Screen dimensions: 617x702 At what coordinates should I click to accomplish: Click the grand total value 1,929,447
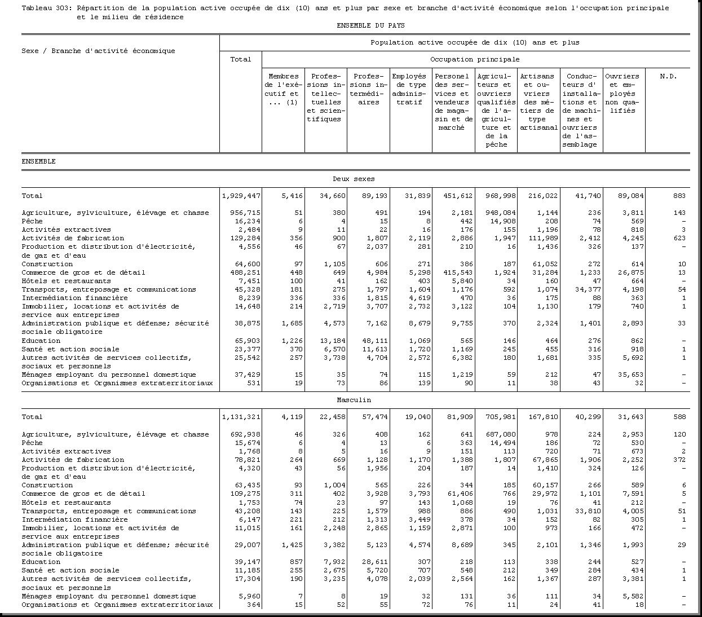[x=241, y=196]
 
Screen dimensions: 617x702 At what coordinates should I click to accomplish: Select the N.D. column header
[x=668, y=76]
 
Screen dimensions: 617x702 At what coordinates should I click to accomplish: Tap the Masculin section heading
[x=354, y=400]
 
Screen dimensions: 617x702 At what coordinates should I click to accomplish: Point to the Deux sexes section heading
[x=354, y=179]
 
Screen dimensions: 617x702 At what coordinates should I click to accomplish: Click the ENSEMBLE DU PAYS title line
[x=370, y=25]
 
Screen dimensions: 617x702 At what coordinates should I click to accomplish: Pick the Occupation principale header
[x=475, y=59]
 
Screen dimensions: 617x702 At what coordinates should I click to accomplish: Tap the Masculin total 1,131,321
[x=241, y=417]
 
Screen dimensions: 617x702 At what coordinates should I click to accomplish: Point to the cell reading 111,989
[x=540, y=238]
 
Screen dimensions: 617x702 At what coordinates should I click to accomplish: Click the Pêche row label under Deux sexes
[x=32, y=221]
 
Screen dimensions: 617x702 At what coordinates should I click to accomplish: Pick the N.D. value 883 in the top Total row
[x=679, y=196]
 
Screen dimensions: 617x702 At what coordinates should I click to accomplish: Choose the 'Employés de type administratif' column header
[x=409, y=89]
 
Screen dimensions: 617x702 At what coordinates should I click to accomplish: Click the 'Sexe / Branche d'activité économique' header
[x=98, y=51]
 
